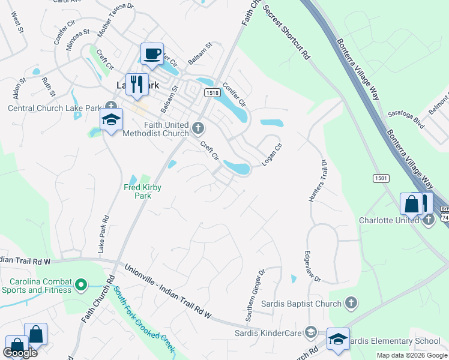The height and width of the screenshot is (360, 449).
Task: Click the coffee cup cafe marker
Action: pyautogui.click(x=152, y=54)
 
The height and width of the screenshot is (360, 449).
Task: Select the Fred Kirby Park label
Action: pyautogui.click(x=143, y=191)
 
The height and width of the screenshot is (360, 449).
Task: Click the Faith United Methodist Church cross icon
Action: pyautogui.click(x=199, y=127)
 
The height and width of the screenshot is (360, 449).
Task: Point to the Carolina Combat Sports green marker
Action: pyautogui.click(x=82, y=284)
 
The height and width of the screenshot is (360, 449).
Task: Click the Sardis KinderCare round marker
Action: pyautogui.click(x=310, y=331)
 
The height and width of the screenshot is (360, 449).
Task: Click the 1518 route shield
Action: pyautogui.click(x=211, y=93)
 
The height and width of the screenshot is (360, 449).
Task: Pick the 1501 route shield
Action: pyautogui.click(x=381, y=178)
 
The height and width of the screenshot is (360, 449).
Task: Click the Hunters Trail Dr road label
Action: pyautogui.click(x=318, y=181)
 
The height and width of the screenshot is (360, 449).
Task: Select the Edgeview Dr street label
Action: pyautogui.click(x=313, y=266)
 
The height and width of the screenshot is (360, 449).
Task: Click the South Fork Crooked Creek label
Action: pyautogui.click(x=145, y=319)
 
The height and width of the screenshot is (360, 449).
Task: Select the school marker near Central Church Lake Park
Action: pyautogui.click(x=112, y=120)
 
